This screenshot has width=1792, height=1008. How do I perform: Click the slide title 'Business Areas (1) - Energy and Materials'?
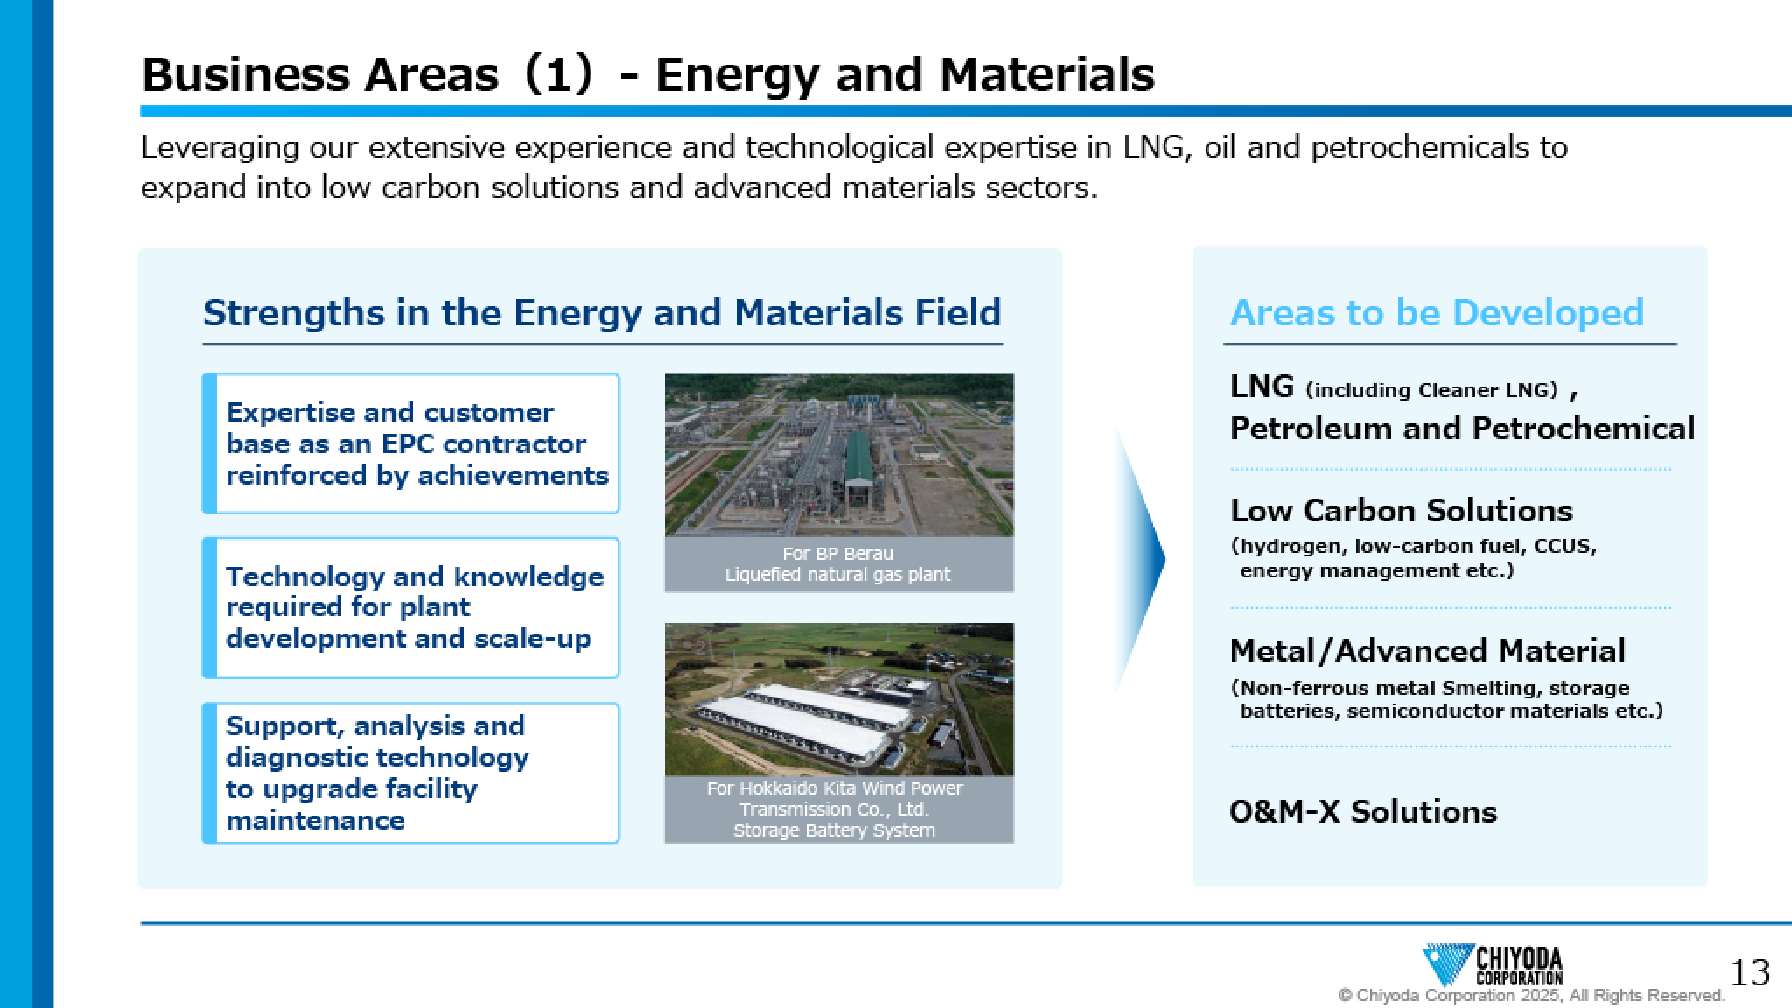pyautogui.click(x=647, y=74)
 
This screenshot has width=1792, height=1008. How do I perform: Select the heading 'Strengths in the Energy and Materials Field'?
pyautogui.click(x=602, y=313)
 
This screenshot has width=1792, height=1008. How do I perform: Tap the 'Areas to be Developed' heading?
pyautogui.click(x=1437, y=313)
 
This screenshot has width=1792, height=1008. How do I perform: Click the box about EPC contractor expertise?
pyautogui.click(x=411, y=444)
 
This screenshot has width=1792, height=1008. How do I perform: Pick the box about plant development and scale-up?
pyautogui.click(x=411, y=608)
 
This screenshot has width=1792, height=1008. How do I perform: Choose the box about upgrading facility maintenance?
pyautogui.click(x=411, y=773)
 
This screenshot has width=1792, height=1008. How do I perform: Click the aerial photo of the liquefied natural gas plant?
pyautogui.click(x=839, y=455)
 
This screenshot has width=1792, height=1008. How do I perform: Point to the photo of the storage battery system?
pyautogui.click(x=839, y=699)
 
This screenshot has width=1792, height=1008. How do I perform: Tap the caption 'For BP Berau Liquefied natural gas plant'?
pyautogui.click(x=838, y=564)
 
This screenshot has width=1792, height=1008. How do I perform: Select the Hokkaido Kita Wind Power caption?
pyautogui.click(x=835, y=809)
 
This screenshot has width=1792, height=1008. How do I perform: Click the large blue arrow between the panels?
pyautogui.click(x=1139, y=559)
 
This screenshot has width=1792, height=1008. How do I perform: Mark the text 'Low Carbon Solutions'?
pyautogui.click(x=1401, y=510)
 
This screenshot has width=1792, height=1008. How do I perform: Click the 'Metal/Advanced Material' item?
pyautogui.click(x=1427, y=651)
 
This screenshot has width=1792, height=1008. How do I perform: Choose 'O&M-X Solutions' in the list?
pyautogui.click(x=1363, y=812)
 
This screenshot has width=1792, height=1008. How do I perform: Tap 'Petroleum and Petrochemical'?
pyautogui.click(x=1462, y=429)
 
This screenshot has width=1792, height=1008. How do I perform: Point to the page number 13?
pyautogui.click(x=1751, y=972)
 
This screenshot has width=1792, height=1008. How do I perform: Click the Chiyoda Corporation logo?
pyautogui.click(x=1493, y=966)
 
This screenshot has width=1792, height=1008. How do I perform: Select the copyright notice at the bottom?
pyautogui.click(x=1531, y=996)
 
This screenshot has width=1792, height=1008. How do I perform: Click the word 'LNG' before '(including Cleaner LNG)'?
pyautogui.click(x=1262, y=386)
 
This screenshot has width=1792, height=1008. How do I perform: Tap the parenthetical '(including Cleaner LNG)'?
pyautogui.click(x=1432, y=390)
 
